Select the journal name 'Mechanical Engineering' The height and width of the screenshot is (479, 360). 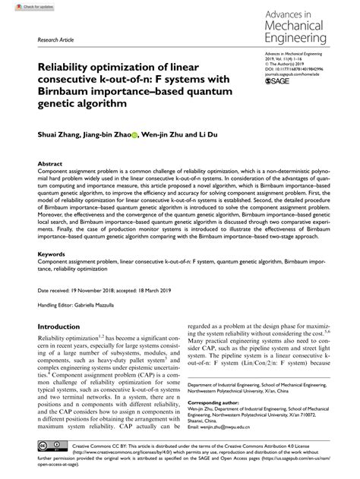pyautogui.click(x=303, y=29)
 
